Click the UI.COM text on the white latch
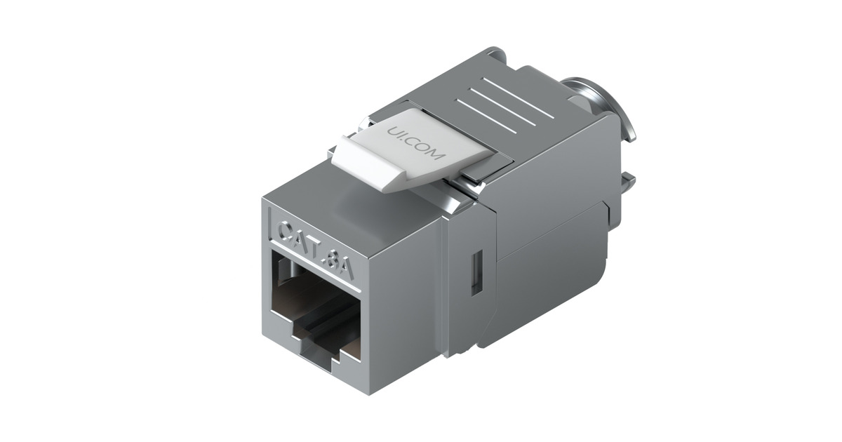416,144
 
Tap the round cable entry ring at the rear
603,105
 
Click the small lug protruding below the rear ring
627,184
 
